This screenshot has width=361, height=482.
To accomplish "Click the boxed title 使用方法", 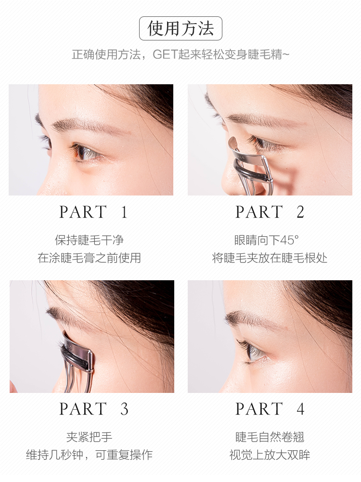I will click(x=180, y=28).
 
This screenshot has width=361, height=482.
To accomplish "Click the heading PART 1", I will click(x=93, y=212).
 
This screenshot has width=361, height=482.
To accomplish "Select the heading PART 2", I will click(x=270, y=212).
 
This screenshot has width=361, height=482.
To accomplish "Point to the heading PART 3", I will click(x=93, y=409).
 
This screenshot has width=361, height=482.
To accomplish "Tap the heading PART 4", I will click(x=270, y=409).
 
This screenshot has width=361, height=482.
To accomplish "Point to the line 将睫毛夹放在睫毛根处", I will click(x=270, y=258).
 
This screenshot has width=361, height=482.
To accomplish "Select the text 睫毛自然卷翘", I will click(x=270, y=437).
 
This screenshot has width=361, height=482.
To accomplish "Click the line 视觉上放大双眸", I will click(x=270, y=455).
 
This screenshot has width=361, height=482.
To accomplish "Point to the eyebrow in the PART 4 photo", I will click(x=250, y=318).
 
